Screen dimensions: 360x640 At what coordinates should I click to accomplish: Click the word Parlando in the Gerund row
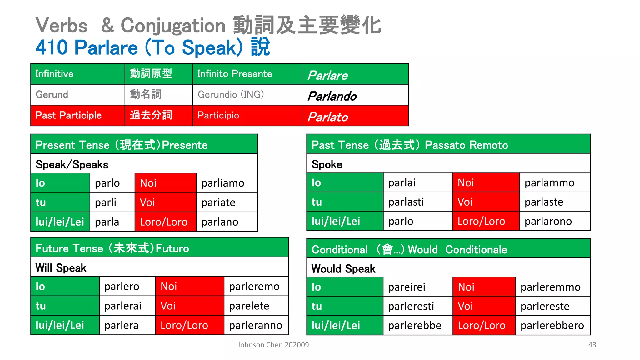click(x=332, y=96)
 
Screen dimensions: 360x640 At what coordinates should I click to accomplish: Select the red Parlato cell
click(x=355, y=116)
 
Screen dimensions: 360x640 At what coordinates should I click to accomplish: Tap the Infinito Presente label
click(x=235, y=74)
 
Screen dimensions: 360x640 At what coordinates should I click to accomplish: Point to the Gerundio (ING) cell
click(x=231, y=94)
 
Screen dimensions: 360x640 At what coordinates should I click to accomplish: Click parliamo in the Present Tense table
click(x=223, y=183)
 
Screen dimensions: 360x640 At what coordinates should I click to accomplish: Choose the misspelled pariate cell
click(x=218, y=202)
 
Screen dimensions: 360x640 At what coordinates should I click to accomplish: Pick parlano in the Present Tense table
click(x=220, y=222)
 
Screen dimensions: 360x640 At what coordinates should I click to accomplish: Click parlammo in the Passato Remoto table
click(x=549, y=183)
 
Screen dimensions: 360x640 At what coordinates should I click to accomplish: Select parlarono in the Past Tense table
click(x=548, y=221)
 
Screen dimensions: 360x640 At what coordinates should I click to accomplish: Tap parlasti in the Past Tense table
click(x=406, y=202)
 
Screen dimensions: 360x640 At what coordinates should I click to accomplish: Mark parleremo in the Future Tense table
click(x=254, y=287)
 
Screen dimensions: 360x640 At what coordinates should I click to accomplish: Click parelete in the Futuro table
click(x=249, y=306)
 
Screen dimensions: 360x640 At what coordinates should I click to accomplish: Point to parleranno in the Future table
click(x=256, y=325)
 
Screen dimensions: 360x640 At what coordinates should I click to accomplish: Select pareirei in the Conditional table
click(x=407, y=287)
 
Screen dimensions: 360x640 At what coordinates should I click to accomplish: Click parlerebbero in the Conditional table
click(x=552, y=326)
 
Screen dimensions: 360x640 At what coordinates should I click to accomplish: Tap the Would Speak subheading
click(x=343, y=269)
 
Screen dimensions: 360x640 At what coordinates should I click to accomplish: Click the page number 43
click(x=592, y=345)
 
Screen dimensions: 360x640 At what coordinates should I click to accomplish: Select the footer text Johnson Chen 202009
click(x=273, y=345)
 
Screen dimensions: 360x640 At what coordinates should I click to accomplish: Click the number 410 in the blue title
click(x=52, y=47)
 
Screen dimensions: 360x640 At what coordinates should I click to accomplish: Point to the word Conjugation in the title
click(x=173, y=26)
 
